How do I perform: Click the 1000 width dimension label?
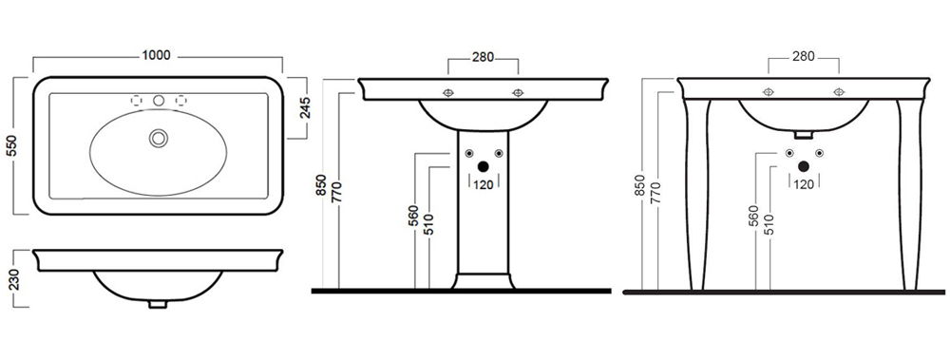[x=156, y=55]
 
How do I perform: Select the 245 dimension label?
[x=305, y=108]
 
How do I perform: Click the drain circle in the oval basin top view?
[x=158, y=138]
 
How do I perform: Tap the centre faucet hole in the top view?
[x=159, y=100]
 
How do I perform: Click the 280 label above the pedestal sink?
[x=483, y=58]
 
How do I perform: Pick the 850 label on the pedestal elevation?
[x=322, y=185]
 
